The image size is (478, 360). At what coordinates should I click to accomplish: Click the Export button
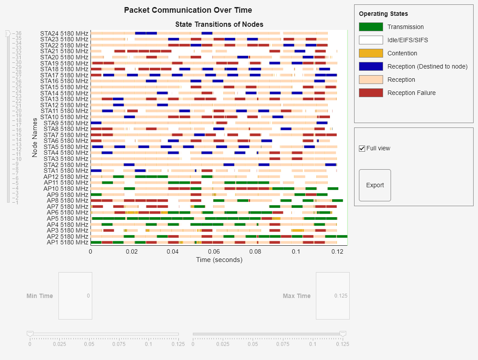pos(375,185)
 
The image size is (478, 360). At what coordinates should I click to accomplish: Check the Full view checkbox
pos(362,149)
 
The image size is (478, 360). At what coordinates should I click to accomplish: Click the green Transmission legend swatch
pos(371,27)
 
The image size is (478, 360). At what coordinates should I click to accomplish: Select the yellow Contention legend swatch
pos(371,53)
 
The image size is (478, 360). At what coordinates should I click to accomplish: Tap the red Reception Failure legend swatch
pos(371,93)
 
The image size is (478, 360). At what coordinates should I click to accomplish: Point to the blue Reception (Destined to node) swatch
pos(371,66)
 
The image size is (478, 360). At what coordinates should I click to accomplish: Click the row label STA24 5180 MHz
pos(64,33)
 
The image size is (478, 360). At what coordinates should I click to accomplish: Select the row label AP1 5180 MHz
pos(67,242)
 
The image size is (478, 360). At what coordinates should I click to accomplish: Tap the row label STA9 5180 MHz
pos(66,123)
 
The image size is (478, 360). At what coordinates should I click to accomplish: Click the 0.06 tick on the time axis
pos(214,251)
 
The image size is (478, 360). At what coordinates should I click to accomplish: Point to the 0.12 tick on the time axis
pos(337,251)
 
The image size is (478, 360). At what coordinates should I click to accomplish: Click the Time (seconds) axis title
pos(219,260)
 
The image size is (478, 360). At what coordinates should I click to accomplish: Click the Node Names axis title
pos(35,137)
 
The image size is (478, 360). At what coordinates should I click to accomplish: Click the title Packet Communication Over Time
pos(188,10)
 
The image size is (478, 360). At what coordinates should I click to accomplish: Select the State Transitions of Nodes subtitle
pos(219,24)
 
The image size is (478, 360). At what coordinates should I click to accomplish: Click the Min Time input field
pos(75,296)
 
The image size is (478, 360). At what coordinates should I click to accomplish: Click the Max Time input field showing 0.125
pos(333,296)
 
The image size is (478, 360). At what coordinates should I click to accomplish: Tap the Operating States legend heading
pos(383,14)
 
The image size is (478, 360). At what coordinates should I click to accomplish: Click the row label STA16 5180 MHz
pos(64,81)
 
